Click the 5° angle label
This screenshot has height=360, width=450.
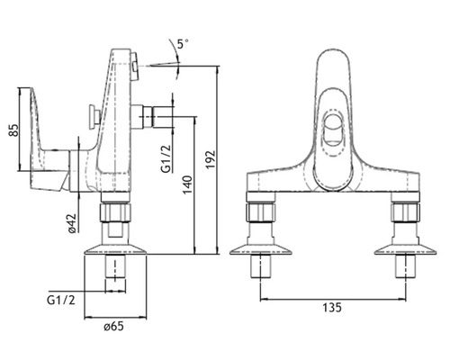pyautogui.click(x=183, y=44)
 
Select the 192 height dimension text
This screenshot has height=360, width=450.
pyautogui.click(x=211, y=159)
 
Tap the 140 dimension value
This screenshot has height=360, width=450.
pyautogui.click(x=187, y=184)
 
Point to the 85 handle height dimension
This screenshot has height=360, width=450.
pyautogui.click(x=13, y=130)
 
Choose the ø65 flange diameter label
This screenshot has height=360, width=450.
pyautogui.click(x=114, y=327)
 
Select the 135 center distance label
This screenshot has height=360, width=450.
pyautogui.click(x=332, y=308)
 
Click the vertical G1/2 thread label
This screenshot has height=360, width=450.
pyautogui.click(x=166, y=159)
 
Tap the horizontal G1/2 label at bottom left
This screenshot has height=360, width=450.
pyautogui.click(x=61, y=300)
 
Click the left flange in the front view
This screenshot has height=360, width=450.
pyautogui.click(x=260, y=250)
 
